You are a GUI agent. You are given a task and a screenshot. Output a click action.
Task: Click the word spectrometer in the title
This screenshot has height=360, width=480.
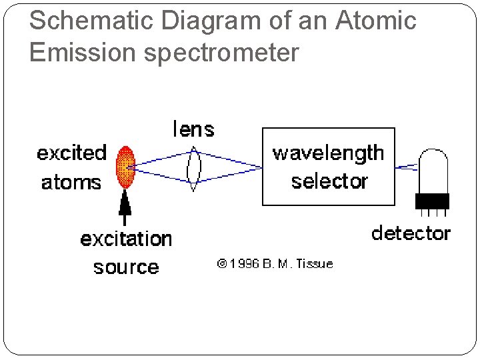(x=221, y=52)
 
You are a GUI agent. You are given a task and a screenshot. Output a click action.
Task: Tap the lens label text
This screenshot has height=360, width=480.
(x=193, y=128)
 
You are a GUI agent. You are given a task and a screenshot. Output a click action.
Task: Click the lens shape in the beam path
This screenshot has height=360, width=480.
(x=194, y=166)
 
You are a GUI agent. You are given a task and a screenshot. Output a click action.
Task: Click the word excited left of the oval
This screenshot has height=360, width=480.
(x=71, y=153)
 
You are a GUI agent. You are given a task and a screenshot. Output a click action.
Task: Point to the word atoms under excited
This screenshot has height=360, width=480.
(x=71, y=181)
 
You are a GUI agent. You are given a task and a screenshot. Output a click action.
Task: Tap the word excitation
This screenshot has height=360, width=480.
(x=126, y=239)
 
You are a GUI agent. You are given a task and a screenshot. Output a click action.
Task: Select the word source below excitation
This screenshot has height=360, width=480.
(x=126, y=267)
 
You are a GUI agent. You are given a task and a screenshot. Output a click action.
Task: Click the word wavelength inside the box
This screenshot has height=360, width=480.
(x=328, y=153)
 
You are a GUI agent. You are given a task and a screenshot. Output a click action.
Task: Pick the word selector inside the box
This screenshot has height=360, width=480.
(x=329, y=181)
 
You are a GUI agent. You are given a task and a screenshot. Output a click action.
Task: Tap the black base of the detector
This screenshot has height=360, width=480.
(x=432, y=201)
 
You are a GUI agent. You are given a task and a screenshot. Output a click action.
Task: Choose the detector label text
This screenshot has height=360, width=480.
(x=411, y=233)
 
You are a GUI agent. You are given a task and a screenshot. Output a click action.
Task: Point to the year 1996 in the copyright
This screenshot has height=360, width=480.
(x=243, y=263)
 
